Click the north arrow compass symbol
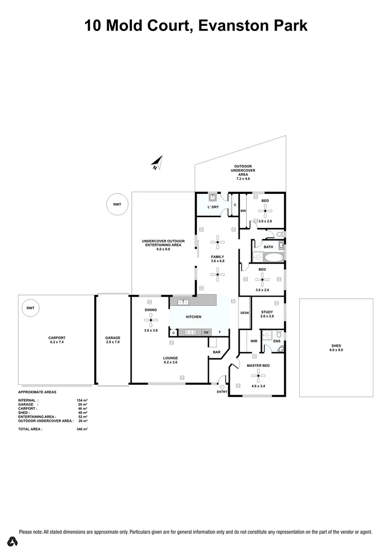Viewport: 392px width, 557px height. pyautogui.click(x=158, y=163)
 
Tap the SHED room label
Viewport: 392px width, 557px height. pyautogui.click(x=336, y=346)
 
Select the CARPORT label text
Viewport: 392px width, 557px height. pyautogui.click(x=57, y=338)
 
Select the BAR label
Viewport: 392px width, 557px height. pyautogui.click(x=217, y=353)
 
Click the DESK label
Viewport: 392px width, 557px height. pyautogui.click(x=245, y=313)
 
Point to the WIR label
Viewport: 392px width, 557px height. pyautogui.click(x=253, y=341)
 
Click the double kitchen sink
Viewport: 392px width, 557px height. pyautogui.click(x=183, y=302)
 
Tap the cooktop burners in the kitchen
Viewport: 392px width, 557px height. pyautogui.click(x=192, y=332)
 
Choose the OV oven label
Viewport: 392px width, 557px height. pyautogui.click(x=207, y=332)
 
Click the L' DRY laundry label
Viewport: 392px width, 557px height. pyautogui.click(x=213, y=207)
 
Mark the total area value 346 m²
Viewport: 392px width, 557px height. pyautogui.click(x=82, y=429)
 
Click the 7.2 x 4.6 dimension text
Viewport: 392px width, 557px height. pyautogui.click(x=243, y=179)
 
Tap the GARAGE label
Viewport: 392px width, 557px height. pyautogui.click(x=112, y=338)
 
